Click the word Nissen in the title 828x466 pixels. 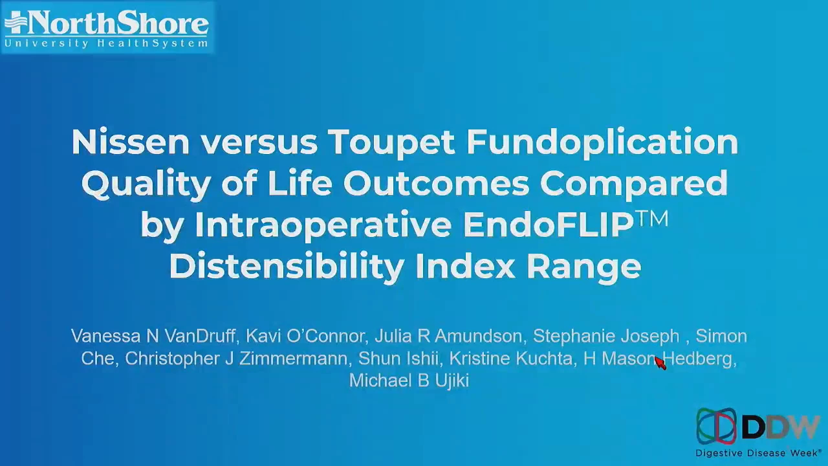pos(130,142)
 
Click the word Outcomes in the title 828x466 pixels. pos(436,183)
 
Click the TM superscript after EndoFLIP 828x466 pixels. pos(653,218)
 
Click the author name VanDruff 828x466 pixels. pos(200,336)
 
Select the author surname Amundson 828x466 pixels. pos(479,336)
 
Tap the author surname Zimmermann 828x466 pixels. pos(294,359)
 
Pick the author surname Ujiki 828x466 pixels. pos(452,381)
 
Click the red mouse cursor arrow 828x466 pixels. pos(660,362)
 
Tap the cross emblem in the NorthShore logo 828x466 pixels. pos(16,22)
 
